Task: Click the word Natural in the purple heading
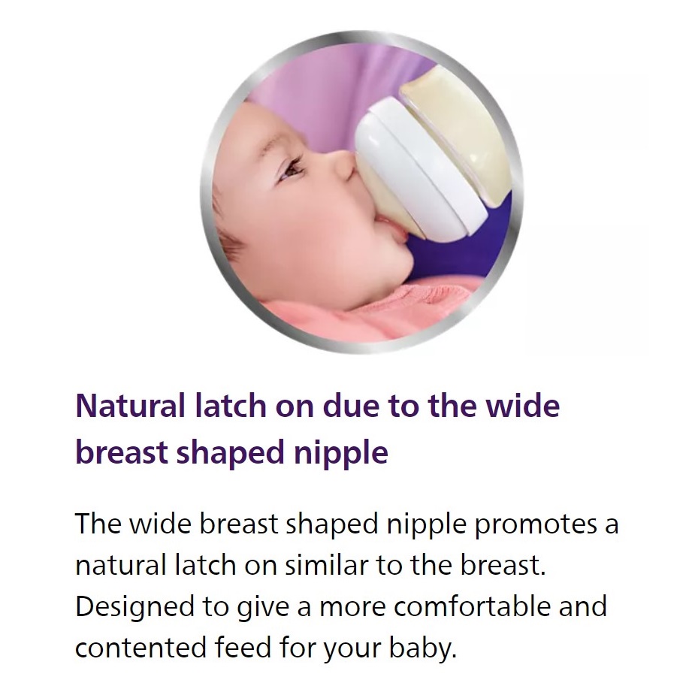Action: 131,406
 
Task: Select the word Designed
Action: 134,606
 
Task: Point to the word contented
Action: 141,648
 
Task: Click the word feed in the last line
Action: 243,647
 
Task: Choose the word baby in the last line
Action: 422,648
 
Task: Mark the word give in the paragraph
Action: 263,607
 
